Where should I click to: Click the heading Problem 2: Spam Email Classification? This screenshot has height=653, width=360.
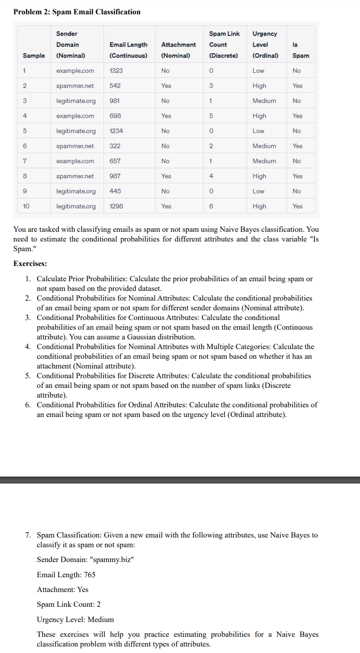pyautogui.click(x=77, y=12)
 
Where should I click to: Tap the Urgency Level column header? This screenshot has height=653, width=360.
pyautogui.click(x=265, y=44)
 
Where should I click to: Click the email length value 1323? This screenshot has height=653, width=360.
pyautogui.click(x=116, y=71)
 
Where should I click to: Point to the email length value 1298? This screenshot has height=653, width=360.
pyautogui.click(x=116, y=206)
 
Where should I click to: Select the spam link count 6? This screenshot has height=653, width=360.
pyautogui.click(x=211, y=206)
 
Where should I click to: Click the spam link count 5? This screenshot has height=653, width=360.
pyautogui.click(x=211, y=116)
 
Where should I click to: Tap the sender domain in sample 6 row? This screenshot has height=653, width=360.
pyautogui.click(x=75, y=146)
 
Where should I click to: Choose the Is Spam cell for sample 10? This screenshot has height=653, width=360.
pyautogui.click(x=297, y=206)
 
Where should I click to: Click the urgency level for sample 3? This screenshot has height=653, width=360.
pyautogui.click(x=264, y=101)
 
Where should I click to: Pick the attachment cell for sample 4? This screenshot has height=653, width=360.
pyautogui.click(x=166, y=116)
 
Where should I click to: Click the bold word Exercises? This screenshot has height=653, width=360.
pyautogui.click(x=30, y=264)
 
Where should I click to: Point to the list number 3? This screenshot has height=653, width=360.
pyautogui.click(x=29, y=318)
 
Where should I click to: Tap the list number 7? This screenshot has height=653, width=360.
pyautogui.click(x=29, y=535)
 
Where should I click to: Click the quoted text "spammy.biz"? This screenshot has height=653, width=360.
pyautogui.click(x=114, y=560)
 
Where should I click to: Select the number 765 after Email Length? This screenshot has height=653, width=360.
pyautogui.click(x=90, y=575)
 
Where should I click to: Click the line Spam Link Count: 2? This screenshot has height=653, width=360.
pyautogui.click(x=69, y=605)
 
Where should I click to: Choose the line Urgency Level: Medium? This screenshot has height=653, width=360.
pyautogui.click(x=75, y=619)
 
